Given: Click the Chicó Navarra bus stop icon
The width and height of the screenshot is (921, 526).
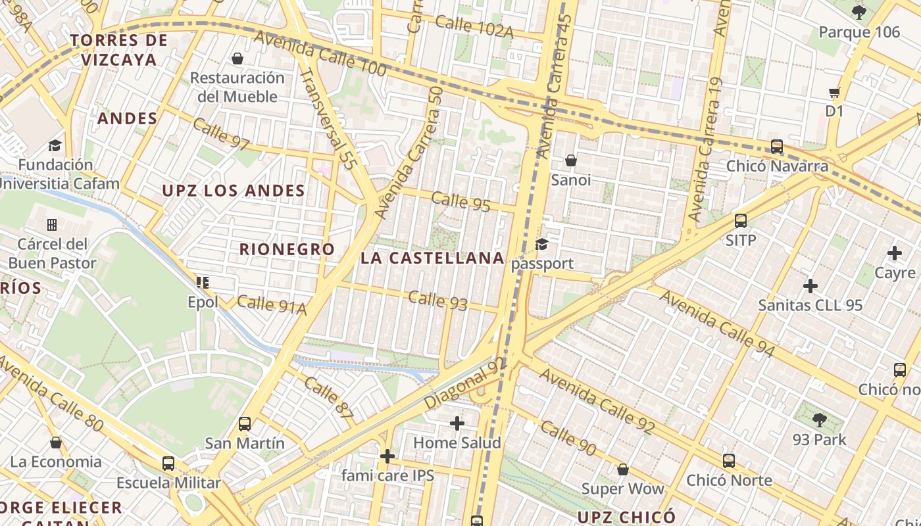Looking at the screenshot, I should [777, 146].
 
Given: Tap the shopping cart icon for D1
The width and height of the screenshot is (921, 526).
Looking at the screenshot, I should [834, 93].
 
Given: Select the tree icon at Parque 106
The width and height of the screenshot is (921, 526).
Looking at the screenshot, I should [859, 12].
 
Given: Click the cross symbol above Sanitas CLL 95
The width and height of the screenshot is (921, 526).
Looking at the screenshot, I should [810, 286].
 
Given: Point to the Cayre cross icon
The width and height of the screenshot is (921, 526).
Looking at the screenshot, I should [895, 253].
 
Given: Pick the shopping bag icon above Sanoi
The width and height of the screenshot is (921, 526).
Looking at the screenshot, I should [570, 160].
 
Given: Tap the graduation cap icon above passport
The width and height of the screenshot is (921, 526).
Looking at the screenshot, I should [541, 245].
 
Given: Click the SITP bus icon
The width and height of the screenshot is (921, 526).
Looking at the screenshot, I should [741, 221].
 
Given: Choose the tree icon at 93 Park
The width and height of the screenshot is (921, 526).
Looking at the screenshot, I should [819, 420].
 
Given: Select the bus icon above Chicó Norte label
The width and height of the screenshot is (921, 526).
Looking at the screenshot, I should [728, 461].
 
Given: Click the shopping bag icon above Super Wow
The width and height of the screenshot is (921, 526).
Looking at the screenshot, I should [622, 469].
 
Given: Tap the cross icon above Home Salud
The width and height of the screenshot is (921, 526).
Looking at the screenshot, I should [457, 423].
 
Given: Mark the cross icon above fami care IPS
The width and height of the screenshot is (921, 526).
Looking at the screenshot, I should [387, 456].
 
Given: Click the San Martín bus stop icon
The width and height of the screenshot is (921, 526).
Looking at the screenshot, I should [245, 424].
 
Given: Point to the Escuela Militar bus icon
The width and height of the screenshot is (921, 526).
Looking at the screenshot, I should [168, 464].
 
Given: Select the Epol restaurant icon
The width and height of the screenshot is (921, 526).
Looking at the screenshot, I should [203, 283].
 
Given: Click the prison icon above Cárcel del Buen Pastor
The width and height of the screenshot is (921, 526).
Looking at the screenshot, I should [52, 225].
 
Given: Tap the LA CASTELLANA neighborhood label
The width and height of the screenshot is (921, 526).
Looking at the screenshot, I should [432, 258].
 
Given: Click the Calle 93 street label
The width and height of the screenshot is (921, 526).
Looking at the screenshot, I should [437, 300].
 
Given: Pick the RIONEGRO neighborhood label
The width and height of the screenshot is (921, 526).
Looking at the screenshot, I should [287, 249].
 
